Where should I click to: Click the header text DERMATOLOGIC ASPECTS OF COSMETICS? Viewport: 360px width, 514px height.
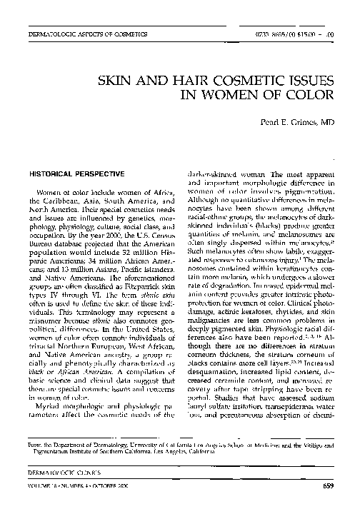[88, 34]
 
